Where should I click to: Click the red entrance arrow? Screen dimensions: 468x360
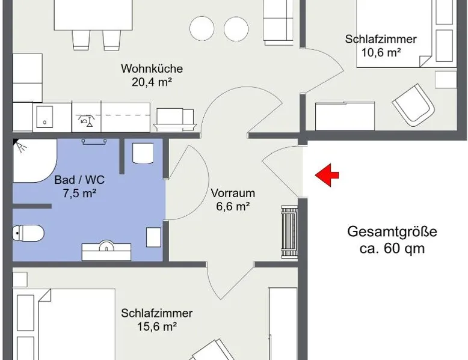327,175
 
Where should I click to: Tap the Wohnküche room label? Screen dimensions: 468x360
152,69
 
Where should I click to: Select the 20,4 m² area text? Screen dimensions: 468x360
152,82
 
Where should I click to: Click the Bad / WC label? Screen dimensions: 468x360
79,180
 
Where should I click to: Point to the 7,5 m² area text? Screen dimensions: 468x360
79,194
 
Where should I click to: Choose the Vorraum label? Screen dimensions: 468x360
233,193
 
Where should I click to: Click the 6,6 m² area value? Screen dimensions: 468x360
233,206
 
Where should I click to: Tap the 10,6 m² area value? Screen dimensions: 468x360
381,52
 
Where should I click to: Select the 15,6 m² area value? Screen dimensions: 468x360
157,326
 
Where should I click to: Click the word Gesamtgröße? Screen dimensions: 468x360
392,232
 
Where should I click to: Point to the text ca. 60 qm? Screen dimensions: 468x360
392,248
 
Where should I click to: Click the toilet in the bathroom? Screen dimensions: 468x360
28,233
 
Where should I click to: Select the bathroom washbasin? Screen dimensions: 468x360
106,250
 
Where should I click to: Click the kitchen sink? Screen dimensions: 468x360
45,117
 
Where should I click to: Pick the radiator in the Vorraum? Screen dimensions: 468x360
289,232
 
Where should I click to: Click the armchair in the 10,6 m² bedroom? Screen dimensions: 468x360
413,105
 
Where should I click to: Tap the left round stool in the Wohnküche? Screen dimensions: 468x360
202,29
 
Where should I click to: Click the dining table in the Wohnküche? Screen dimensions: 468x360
93,15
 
